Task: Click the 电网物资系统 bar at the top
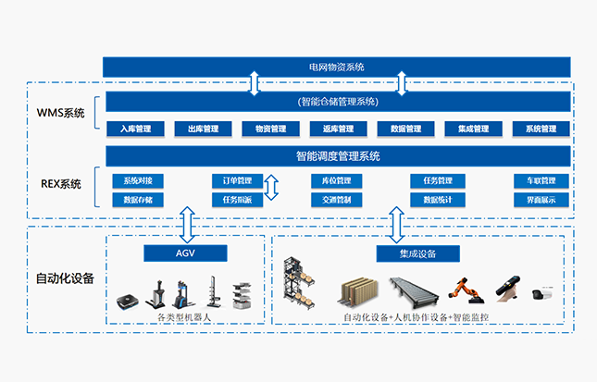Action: point(337,67)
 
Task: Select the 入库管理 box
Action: point(135,129)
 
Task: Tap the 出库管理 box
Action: point(203,129)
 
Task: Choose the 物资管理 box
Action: point(270,129)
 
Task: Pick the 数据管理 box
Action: point(405,129)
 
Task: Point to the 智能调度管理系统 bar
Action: point(337,155)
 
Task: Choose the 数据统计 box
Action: point(437,199)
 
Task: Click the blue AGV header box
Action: point(184,253)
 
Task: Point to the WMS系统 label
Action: point(60,113)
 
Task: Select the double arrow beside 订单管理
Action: point(271,189)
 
